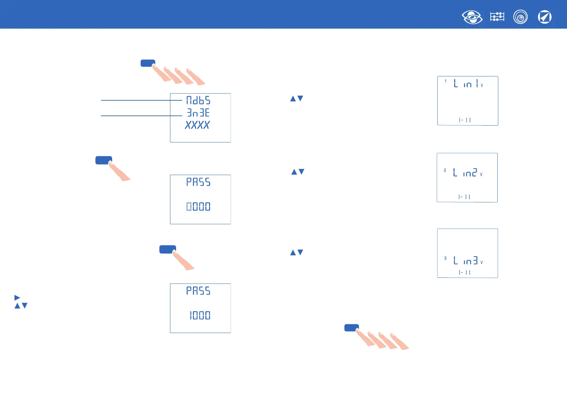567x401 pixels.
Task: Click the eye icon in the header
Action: tap(472, 17)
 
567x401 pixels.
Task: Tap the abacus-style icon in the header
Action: tap(497, 17)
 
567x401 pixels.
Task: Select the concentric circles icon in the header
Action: tap(521, 17)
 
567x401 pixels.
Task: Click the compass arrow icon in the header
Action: tap(544, 17)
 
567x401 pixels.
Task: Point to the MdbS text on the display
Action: tap(198, 100)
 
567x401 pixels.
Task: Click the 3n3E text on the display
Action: tap(198, 113)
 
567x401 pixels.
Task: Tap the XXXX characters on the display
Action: tap(198, 125)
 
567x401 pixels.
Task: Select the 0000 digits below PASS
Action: tap(198, 206)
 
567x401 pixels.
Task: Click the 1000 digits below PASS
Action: tap(200, 315)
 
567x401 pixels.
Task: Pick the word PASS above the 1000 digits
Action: tap(198, 291)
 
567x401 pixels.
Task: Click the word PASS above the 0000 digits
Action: tap(198, 182)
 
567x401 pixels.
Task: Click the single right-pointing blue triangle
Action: tap(17, 298)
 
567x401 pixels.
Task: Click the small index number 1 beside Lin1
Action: tap(445, 81)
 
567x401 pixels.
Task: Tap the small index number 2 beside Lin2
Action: tap(445, 170)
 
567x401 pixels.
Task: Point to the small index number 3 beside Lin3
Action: tap(445, 258)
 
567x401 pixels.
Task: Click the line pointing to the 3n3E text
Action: tap(141, 116)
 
